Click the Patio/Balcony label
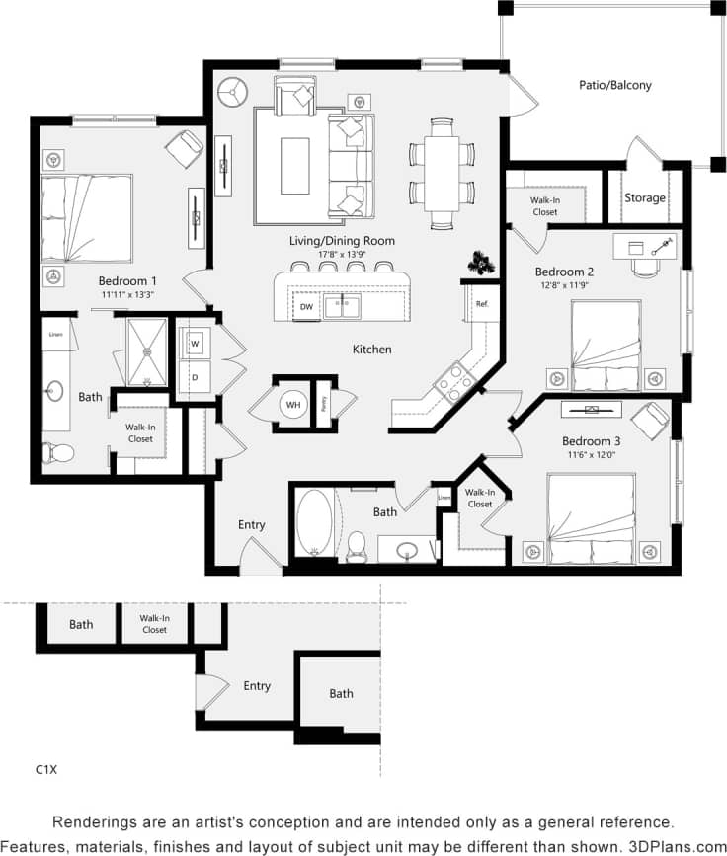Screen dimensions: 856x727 pos(614,85)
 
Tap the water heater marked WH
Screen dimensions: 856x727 pos(292,403)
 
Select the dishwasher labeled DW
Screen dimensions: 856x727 pos(307,307)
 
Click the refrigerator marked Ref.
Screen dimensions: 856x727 pos(482,304)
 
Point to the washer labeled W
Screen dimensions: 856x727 pos(195,344)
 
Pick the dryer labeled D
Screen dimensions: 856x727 pos(195,376)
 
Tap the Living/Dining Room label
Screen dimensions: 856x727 pos(342,241)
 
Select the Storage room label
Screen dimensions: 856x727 pos(644,197)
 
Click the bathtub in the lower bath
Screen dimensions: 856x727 pos(314,523)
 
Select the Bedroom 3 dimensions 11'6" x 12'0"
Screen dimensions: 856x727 pos(590,456)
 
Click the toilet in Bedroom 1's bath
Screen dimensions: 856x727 pos(60,453)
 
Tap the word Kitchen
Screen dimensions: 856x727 pos(372,350)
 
